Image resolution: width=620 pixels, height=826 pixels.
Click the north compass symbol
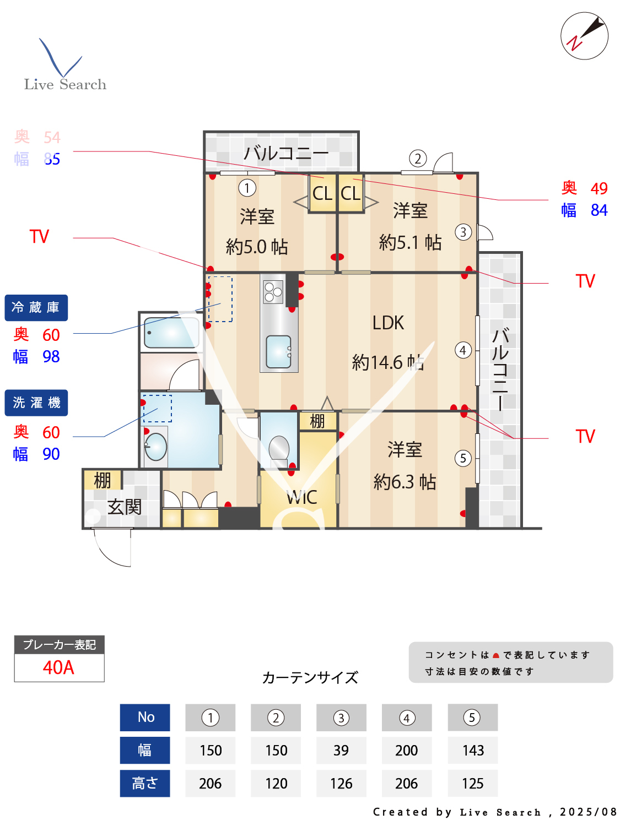coord(584,36)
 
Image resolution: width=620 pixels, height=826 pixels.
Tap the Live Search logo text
coord(65,84)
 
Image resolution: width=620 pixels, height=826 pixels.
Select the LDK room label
coord(388,323)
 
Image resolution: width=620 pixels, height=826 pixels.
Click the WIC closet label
coord(301,497)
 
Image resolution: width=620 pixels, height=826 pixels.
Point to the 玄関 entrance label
coord(125,507)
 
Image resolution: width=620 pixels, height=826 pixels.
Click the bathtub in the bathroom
coord(171,332)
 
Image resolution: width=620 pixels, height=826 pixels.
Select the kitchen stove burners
coord(273,291)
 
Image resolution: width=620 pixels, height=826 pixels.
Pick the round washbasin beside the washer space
coord(156,447)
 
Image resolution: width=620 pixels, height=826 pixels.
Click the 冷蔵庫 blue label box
coord(36,308)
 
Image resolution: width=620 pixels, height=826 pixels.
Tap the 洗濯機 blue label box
coord(36,403)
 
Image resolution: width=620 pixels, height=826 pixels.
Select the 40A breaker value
coord(59,667)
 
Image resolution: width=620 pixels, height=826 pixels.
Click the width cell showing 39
coord(341,750)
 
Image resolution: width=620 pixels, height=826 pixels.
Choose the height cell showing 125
coord(472,783)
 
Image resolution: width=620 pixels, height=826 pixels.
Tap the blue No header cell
coord(145,717)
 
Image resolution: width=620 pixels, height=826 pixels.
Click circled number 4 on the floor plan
coord(463,350)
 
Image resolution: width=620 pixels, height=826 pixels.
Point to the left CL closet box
coord(322,193)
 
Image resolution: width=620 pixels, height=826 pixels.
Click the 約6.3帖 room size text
coord(405,482)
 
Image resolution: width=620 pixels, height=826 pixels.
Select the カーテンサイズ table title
coord(310,677)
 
